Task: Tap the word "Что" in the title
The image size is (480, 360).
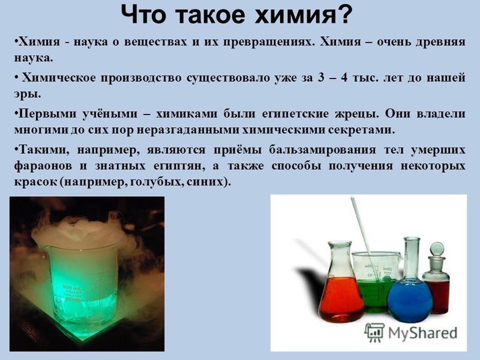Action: click(144, 14)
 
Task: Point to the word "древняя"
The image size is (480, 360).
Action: click(440, 42)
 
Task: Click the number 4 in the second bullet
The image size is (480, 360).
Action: click(344, 78)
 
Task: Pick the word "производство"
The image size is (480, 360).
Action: click(141, 79)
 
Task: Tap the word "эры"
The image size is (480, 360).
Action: click(27, 95)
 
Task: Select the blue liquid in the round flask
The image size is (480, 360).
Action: click(410, 301)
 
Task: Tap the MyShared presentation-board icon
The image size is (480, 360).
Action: click(374, 332)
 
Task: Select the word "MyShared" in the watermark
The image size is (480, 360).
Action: click(423, 333)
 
